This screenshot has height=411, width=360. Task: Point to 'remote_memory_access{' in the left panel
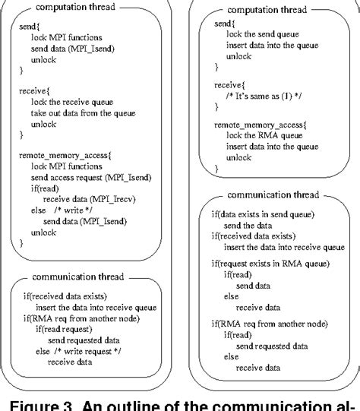point(63,155)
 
